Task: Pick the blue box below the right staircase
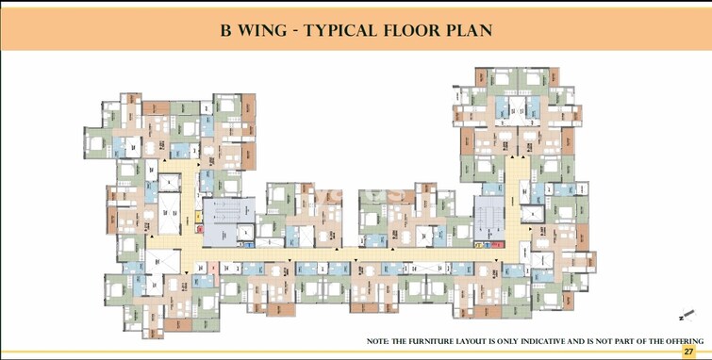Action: (487, 246)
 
